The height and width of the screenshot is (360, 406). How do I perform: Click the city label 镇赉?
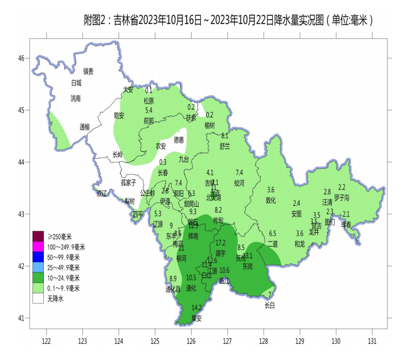click(88, 71)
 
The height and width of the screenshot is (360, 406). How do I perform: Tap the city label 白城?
click(76, 83)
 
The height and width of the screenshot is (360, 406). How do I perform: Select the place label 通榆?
click(84, 127)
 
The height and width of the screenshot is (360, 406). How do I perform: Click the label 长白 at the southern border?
click(270, 305)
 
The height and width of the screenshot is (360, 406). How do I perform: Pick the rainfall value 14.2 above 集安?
click(197, 307)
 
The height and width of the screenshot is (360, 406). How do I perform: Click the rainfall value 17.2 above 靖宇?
click(220, 243)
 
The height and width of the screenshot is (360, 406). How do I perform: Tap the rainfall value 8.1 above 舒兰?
click(225, 135)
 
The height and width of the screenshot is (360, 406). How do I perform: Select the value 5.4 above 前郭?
click(149, 110)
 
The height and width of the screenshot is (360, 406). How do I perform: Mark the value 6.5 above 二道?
click(272, 233)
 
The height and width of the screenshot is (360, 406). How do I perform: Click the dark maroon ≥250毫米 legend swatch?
click(38, 237)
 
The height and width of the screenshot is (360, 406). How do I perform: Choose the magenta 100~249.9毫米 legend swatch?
click(38, 247)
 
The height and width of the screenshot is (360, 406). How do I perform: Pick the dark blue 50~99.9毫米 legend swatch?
click(38, 257)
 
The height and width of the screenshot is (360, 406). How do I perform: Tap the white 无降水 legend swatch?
click(38, 298)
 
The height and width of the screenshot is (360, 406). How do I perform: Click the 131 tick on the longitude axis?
click(372, 341)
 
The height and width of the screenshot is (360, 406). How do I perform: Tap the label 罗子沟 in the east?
click(342, 197)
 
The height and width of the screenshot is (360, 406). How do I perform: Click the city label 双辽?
click(102, 194)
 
